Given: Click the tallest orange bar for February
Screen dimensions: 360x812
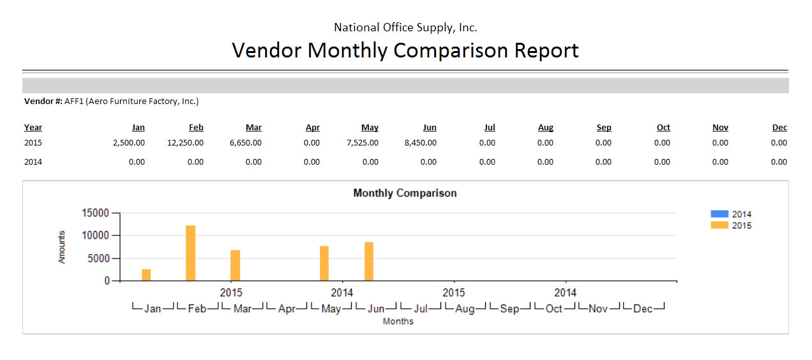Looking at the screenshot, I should pos(190,253).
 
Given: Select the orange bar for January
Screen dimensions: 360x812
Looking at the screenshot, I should pos(146,275).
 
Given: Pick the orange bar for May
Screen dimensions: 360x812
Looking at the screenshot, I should pos(324,263).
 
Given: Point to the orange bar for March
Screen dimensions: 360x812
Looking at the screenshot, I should pos(235,265).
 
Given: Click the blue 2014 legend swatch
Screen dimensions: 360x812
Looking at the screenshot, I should pos(719,214).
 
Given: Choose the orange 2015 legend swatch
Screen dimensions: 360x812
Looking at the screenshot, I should pos(719,225).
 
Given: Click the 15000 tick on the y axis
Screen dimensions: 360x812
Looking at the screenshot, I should pos(97,213).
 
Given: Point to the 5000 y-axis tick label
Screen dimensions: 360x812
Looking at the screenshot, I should pos(100,259).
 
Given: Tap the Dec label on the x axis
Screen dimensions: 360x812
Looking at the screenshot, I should pos(643,309).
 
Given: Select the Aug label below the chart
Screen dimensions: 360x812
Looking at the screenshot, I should pos(465,309).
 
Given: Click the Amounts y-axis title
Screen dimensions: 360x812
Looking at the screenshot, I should pos(62,247).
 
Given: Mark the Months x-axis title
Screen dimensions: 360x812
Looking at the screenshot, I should pos(398,322).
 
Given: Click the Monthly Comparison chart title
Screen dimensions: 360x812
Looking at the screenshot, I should pos(405,193).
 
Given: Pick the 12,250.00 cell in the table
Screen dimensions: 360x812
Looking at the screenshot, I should pos(185,143).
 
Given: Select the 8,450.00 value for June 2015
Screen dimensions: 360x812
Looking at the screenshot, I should pos(420,143).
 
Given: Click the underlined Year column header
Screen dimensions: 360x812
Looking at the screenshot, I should pos(33,128).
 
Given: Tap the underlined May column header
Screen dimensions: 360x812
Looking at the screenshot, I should pos(370,128).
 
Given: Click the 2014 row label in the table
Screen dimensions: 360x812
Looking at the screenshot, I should pos(33,162).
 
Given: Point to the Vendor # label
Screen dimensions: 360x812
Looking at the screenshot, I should pos(43,101).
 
